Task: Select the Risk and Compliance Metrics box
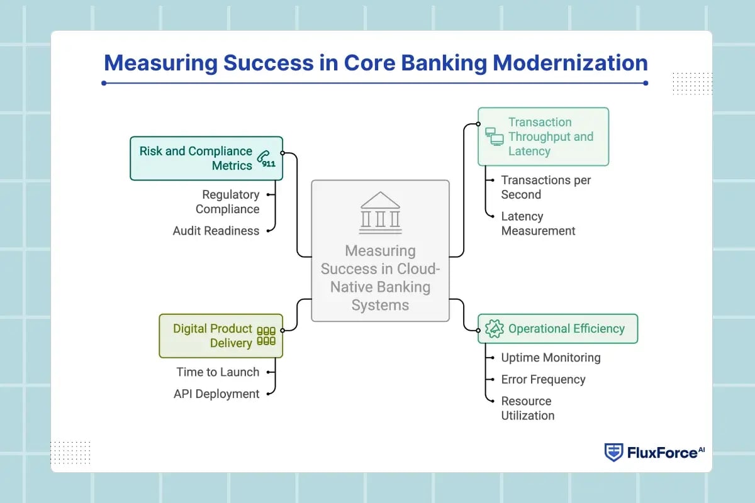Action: pos(206,158)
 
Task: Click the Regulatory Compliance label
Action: pos(227,202)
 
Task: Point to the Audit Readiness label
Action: pos(216,231)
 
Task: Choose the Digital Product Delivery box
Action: pos(220,336)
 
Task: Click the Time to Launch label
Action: pos(218,372)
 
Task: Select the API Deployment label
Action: pos(216,394)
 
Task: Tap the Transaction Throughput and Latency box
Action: pos(543,136)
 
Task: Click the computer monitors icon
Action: pos(494,136)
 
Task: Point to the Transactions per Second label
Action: pos(545,187)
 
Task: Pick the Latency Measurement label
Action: pos(538,223)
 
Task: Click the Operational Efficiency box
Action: pos(557,329)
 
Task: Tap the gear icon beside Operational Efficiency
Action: pos(495,329)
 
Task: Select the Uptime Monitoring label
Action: pos(551,358)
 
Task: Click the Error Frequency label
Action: pos(543,379)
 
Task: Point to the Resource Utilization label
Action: pos(527,408)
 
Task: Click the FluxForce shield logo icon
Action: pos(613,452)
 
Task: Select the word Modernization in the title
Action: pos(570,63)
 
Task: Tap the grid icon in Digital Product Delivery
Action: pos(266,336)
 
